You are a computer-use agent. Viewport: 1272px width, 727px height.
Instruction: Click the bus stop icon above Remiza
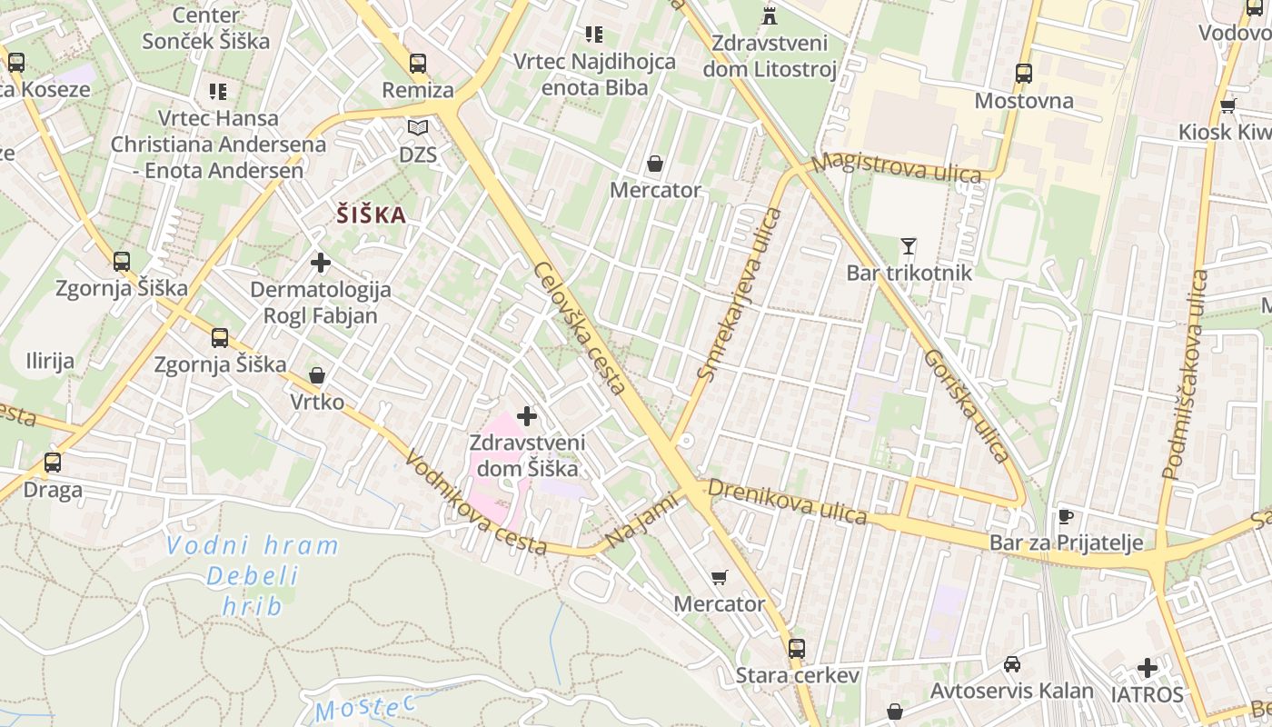pyautogui.click(x=417, y=64)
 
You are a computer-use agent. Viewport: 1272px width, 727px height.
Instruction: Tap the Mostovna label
pyautogui.click(x=1024, y=101)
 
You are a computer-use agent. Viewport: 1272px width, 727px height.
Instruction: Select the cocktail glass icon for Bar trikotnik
pyautogui.click(x=908, y=245)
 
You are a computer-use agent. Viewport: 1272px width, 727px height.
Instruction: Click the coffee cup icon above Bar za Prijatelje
pyautogui.click(x=1066, y=517)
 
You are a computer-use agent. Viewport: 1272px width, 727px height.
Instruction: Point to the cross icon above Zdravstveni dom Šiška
pyautogui.click(x=526, y=416)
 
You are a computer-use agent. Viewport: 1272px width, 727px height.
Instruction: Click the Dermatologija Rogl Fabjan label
pyautogui.click(x=320, y=303)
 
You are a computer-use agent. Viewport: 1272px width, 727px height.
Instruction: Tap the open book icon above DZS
pyautogui.click(x=417, y=128)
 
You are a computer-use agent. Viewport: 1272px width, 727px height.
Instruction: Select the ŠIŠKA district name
pyautogui.click(x=371, y=215)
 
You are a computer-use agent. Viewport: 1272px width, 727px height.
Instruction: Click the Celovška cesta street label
pyautogui.click(x=580, y=328)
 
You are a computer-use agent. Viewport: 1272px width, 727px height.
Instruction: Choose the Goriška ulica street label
pyautogui.click(x=967, y=406)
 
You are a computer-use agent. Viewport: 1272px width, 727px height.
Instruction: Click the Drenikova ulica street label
pyautogui.click(x=787, y=502)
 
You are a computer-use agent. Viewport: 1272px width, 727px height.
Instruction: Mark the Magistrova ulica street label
pyautogui.click(x=897, y=168)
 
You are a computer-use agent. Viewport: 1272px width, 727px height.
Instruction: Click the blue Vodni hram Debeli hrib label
pyautogui.click(x=252, y=575)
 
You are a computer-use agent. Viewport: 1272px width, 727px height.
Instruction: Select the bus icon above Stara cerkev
pyautogui.click(x=796, y=648)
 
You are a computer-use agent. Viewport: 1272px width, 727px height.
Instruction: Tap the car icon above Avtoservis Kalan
pyautogui.click(x=1011, y=664)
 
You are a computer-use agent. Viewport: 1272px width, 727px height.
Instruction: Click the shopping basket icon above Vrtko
pyautogui.click(x=317, y=375)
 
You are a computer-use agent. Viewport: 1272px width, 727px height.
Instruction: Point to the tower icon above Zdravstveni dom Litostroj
pyautogui.click(x=770, y=15)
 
